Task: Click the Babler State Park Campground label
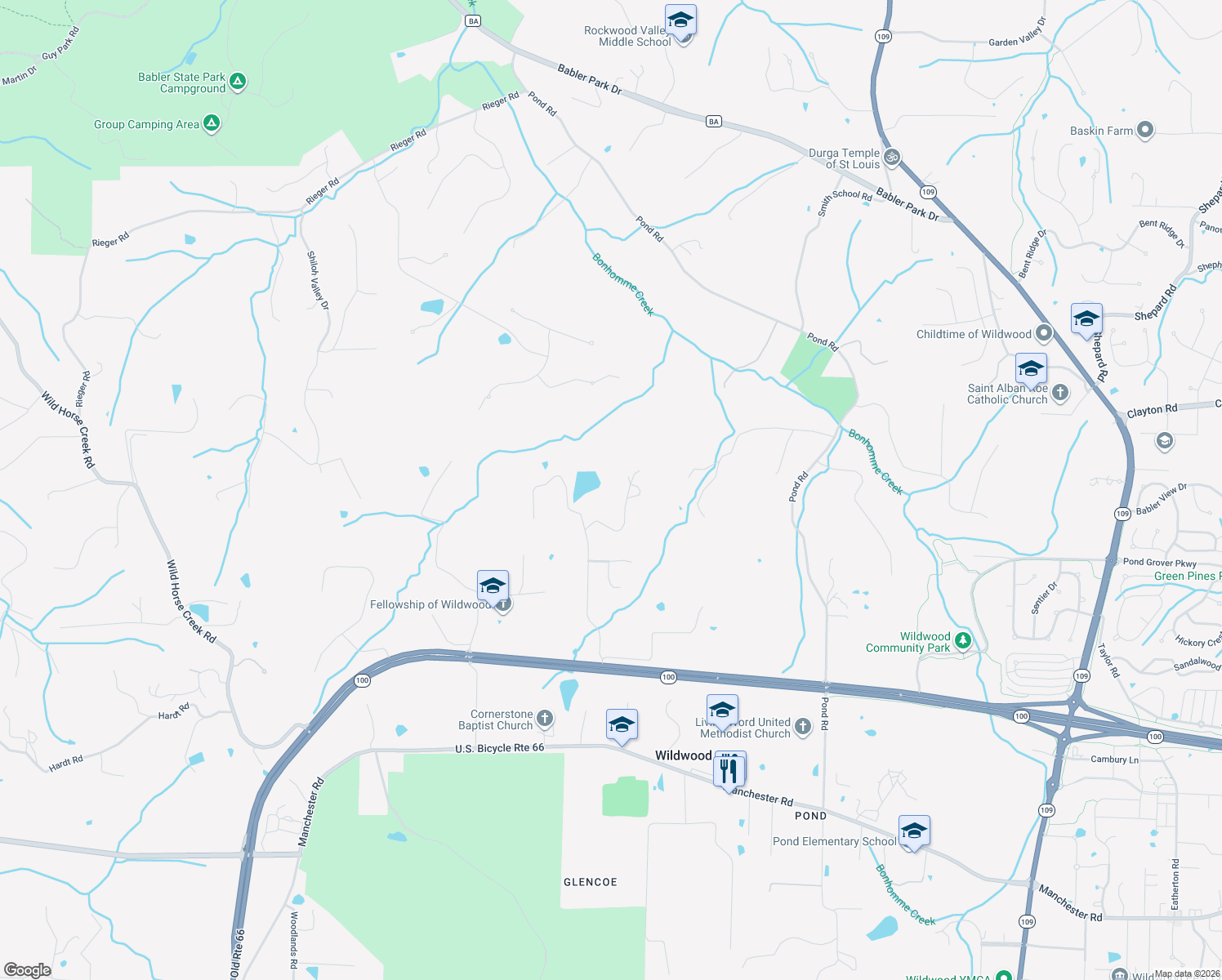click(x=181, y=82)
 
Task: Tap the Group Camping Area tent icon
click(x=212, y=124)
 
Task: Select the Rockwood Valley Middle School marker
click(x=680, y=20)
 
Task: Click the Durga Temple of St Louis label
click(x=844, y=158)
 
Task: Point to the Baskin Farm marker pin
click(x=1145, y=130)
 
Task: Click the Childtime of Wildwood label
click(x=974, y=334)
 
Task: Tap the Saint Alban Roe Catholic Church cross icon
click(x=1060, y=393)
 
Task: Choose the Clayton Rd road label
click(x=1152, y=410)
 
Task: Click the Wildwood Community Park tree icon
click(x=963, y=640)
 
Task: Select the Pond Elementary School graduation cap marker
click(x=914, y=831)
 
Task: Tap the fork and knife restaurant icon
click(x=729, y=769)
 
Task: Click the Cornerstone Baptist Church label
click(x=495, y=719)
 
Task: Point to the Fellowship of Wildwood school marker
click(x=493, y=586)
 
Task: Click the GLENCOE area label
click(x=590, y=882)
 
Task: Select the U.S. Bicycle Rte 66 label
click(x=499, y=748)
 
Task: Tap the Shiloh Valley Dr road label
click(x=318, y=280)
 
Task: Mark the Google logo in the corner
click(x=28, y=969)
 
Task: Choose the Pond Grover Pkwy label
click(x=1159, y=563)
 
